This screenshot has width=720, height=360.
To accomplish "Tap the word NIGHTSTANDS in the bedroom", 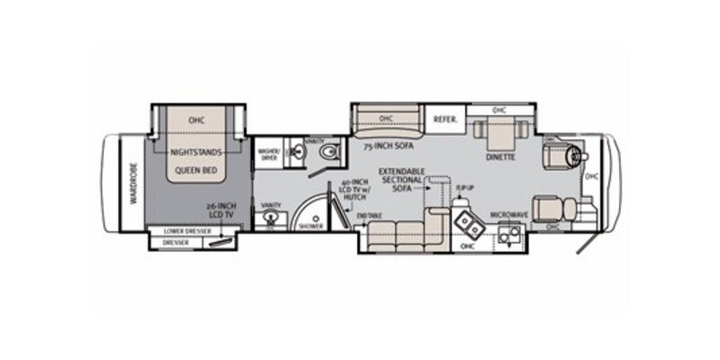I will point(197,152).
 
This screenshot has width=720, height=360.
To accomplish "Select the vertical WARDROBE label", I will point(130,184).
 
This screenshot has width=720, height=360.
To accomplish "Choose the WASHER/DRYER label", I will point(268,154).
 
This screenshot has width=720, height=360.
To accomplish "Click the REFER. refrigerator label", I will point(446,119).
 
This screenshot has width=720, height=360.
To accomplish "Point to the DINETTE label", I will point(499,157).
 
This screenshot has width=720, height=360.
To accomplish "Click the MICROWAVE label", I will point(508,214).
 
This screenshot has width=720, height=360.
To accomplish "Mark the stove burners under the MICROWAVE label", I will point(510,236).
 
